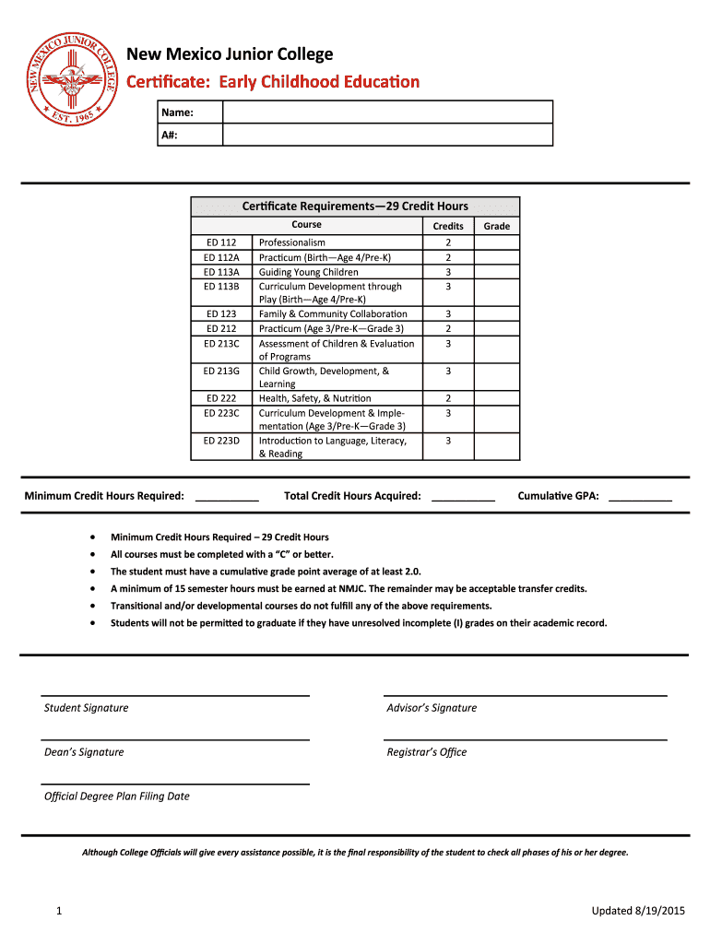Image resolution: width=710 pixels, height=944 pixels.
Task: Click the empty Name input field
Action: pyautogui.click(x=387, y=112)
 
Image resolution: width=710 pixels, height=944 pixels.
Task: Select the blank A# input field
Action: pyautogui.click(x=387, y=135)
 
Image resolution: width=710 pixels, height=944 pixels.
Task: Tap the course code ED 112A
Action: pyautogui.click(x=221, y=257)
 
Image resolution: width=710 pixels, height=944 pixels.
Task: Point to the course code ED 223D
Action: pyautogui.click(x=221, y=441)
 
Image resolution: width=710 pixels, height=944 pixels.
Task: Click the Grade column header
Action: pyautogui.click(x=497, y=226)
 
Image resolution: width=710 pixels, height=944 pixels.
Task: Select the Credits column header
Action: pyautogui.click(x=448, y=226)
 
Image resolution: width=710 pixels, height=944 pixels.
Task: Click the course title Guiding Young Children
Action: pyautogui.click(x=309, y=272)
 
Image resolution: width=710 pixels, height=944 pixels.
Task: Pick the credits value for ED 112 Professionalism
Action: pyautogui.click(x=448, y=242)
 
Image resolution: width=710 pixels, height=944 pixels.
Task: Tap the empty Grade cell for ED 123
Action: pyautogui.click(x=497, y=314)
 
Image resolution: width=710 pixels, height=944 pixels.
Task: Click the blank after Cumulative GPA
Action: pyautogui.click(x=640, y=496)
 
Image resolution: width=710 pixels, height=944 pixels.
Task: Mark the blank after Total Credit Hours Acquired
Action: pyautogui.click(x=463, y=496)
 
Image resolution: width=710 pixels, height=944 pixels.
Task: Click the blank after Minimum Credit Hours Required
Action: pyautogui.click(x=227, y=496)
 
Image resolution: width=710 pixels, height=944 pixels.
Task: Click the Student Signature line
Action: pyautogui.click(x=174, y=694)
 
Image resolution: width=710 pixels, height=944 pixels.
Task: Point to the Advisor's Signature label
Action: pyautogui.click(x=432, y=708)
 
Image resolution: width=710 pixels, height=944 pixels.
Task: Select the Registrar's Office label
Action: pyautogui.click(x=427, y=752)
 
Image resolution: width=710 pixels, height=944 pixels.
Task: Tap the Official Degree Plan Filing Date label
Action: pyautogui.click(x=117, y=796)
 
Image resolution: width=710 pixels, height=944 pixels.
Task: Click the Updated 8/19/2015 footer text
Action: pyautogui.click(x=639, y=912)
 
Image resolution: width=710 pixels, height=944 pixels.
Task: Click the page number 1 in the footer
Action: pyautogui.click(x=58, y=912)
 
